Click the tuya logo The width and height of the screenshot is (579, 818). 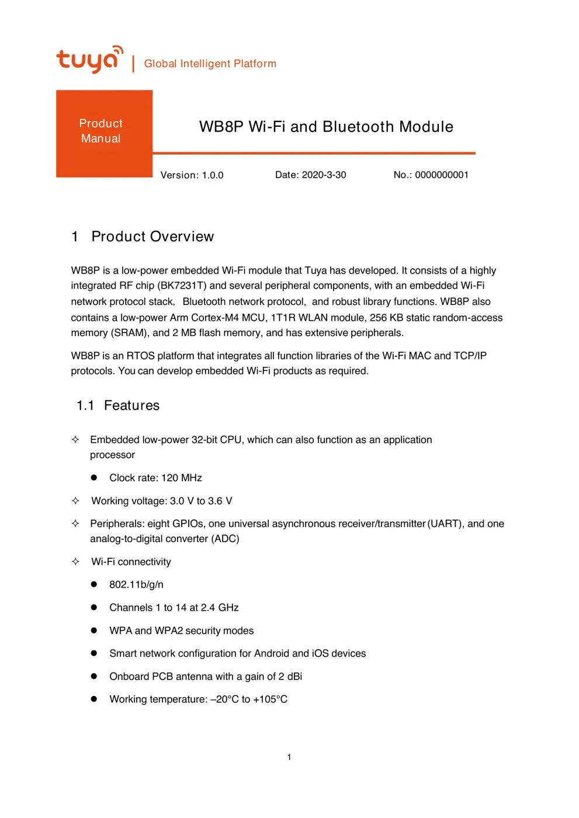(x=89, y=60)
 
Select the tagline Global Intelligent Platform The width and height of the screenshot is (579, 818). (x=210, y=64)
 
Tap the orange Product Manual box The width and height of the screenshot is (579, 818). (x=104, y=133)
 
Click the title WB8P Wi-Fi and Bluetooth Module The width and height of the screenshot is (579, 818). (x=326, y=127)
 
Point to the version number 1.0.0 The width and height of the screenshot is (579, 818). (x=213, y=175)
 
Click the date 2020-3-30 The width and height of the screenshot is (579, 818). (x=324, y=175)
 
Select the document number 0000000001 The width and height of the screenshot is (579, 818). (x=441, y=175)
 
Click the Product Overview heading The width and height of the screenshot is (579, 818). (x=152, y=237)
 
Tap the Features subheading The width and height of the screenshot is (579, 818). (x=131, y=405)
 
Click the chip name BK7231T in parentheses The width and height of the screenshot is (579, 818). (x=182, y=286)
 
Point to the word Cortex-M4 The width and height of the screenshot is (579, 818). (x=215, y=318)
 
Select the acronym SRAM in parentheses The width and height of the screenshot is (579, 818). (x=128, y=333)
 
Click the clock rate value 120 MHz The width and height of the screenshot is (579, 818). (x=182, y=478)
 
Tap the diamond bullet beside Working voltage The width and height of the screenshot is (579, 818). (x=75, y=501)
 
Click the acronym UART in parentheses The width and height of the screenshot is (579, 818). (x=444, y=524)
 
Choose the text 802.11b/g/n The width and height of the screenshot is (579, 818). (x=136, y=585)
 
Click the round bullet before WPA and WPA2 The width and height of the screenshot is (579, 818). (x=93, y=630)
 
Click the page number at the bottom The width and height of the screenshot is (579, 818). (x=289, y=757)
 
